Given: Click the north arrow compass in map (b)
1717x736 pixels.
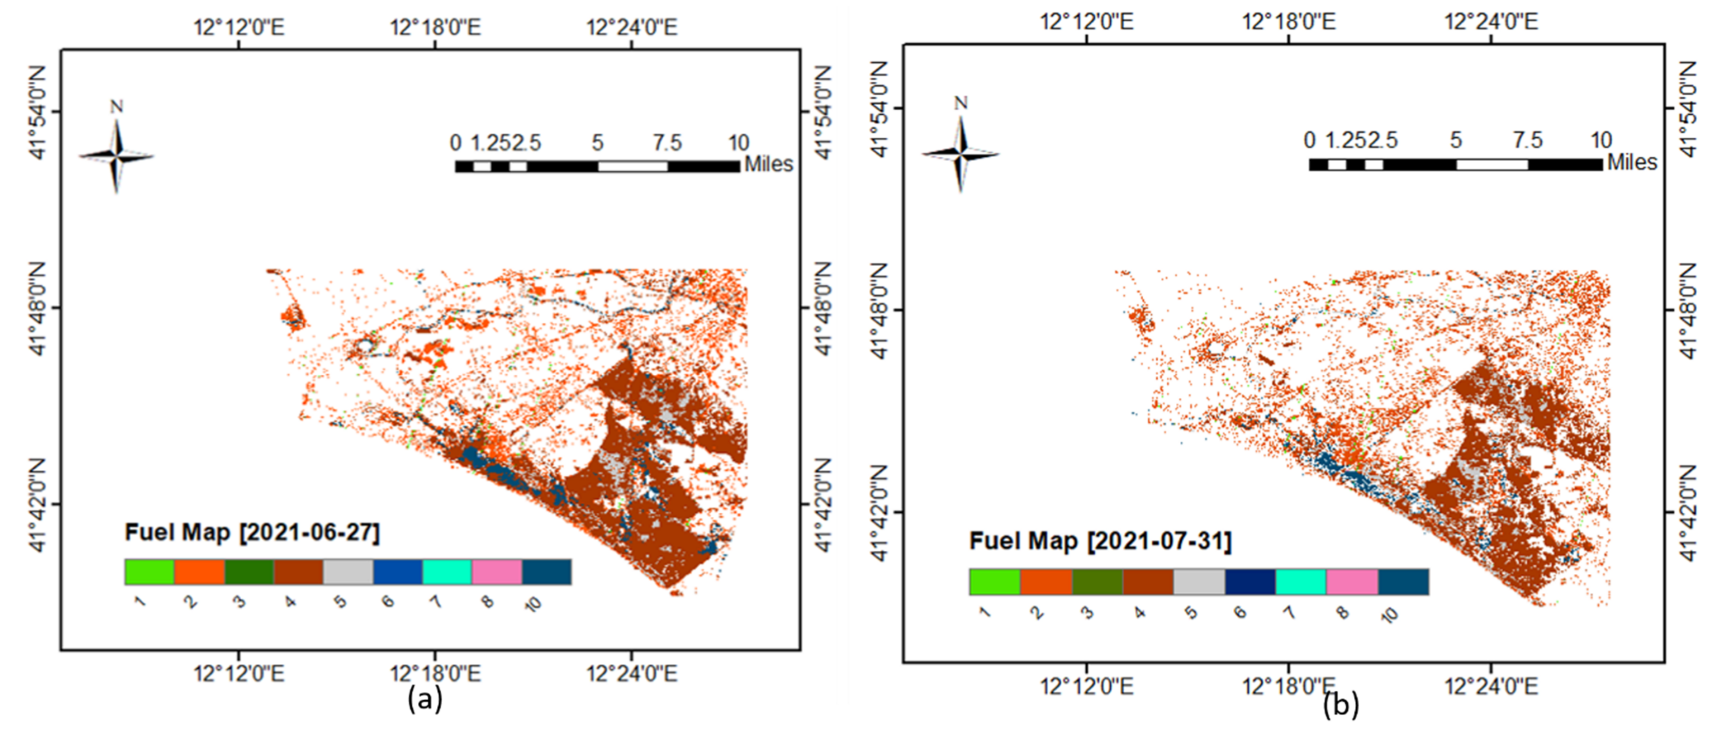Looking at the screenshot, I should point(961,154).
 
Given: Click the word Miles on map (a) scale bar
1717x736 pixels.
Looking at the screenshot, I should point(769,164).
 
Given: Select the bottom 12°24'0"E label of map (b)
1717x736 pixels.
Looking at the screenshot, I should point(1491,686).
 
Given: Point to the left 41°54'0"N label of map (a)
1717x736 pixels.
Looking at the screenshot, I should point(38,112).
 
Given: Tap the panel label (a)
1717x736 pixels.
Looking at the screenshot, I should point(425,699).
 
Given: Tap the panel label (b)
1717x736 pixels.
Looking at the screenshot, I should point(1340,705).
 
